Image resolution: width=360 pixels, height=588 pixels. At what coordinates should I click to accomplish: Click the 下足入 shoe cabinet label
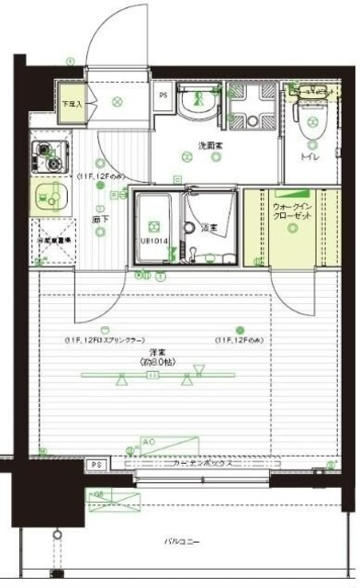(72, 104)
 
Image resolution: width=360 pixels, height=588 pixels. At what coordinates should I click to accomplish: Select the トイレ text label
(310, 157)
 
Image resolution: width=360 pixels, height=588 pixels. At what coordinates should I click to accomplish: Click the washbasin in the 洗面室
(194, 107)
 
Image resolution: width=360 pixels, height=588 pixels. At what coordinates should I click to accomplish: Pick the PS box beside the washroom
(163, 95)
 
